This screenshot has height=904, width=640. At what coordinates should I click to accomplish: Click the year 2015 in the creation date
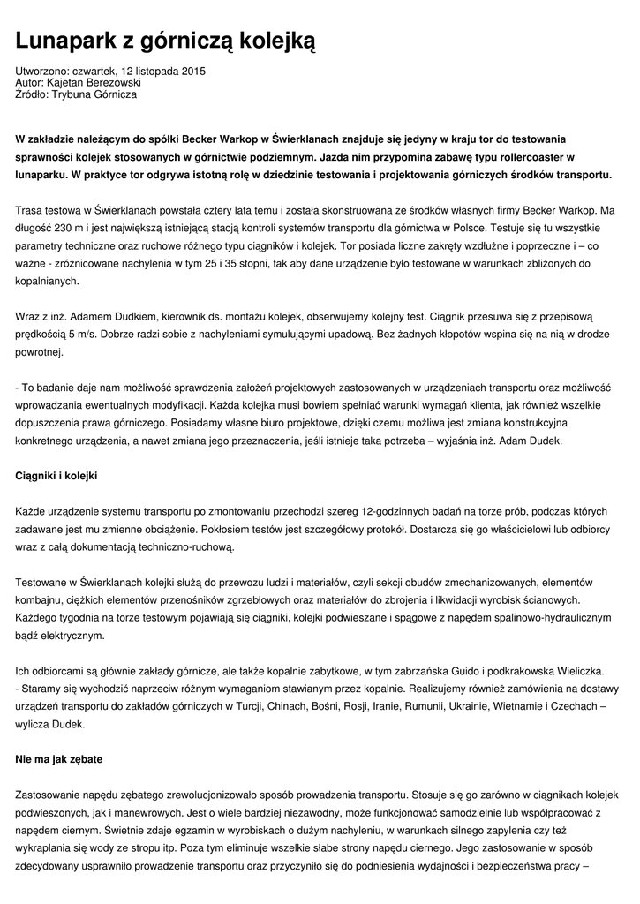pyautogui.click(x=192, y=71)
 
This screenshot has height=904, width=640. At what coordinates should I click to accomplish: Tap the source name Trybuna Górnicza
pyautogui.click(x=94, y=94)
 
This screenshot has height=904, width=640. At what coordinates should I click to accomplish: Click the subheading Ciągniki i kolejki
pyautogui.click(x=56, y=476)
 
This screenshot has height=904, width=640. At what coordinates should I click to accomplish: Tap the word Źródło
pyautogui.click(x=32, y=94)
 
